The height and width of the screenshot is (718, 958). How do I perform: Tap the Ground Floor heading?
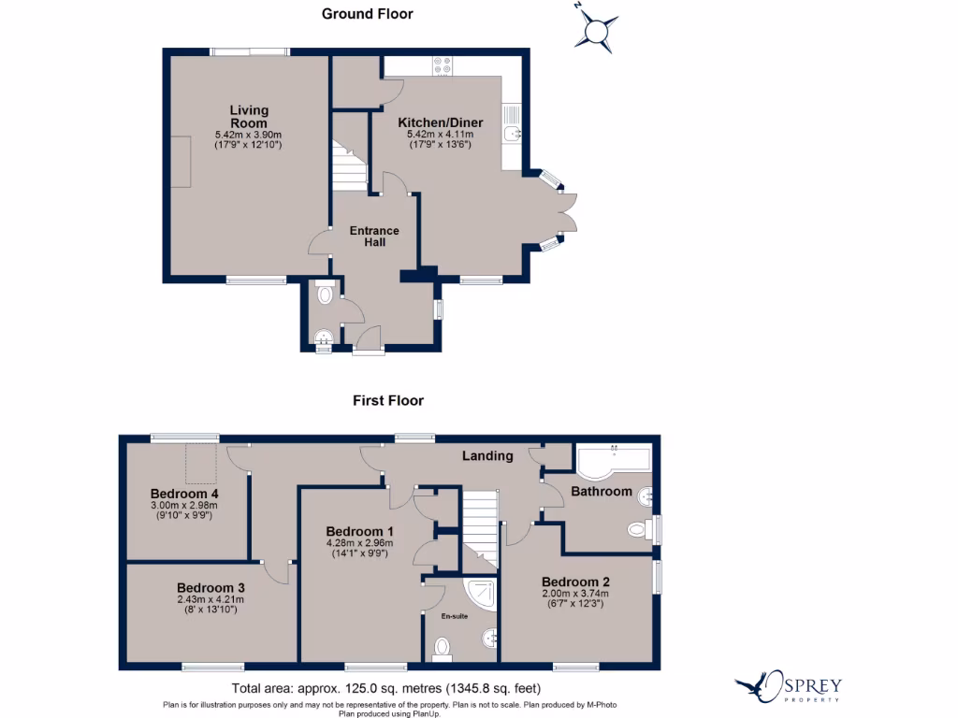[367, 14]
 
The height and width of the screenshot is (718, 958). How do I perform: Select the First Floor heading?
[387, 400]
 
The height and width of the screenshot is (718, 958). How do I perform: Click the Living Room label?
[248, 117]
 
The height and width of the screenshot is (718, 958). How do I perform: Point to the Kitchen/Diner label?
[440, 122]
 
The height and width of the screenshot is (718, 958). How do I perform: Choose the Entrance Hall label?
[374, 237]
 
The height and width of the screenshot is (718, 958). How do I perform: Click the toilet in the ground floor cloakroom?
[325, 295]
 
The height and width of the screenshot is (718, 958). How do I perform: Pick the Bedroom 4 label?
[184, 494]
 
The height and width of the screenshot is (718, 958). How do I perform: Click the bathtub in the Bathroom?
[613, 460]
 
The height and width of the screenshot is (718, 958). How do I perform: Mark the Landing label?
[487, 456]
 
